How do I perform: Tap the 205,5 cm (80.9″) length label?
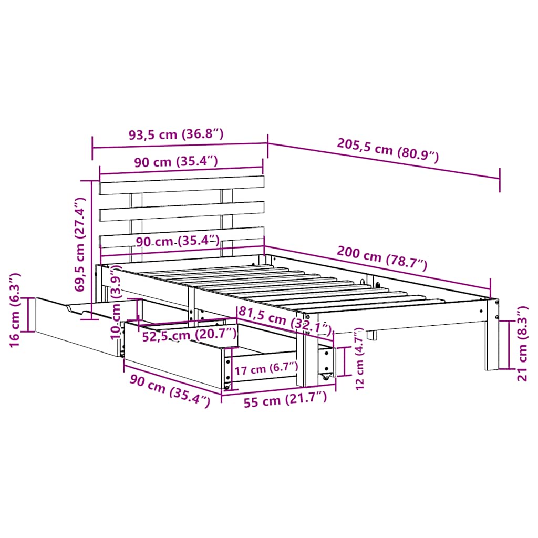coord(386,152)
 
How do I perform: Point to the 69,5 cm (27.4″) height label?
coord(79,244)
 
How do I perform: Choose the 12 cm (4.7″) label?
coord(359,358)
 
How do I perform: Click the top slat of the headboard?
coord(181,185)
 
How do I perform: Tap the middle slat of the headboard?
coord(181,210)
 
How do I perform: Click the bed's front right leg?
coord(492,336)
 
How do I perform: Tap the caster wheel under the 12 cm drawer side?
coord(326,377)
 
